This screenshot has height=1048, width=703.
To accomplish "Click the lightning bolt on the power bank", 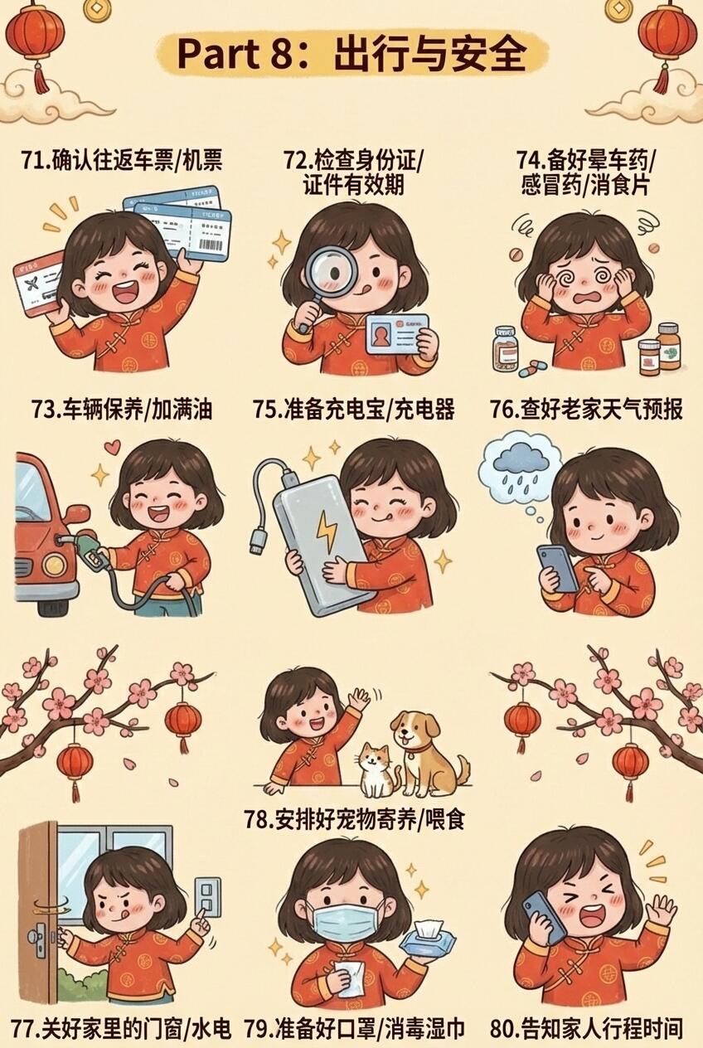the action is (x=327, y=530).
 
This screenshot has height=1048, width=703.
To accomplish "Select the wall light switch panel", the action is (x=207, y=896).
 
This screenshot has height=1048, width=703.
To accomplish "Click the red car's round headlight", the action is (x=53, y=565).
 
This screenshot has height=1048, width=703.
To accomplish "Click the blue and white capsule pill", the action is (x=530, y=367).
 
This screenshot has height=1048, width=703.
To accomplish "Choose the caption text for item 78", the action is (x=355, y=820).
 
